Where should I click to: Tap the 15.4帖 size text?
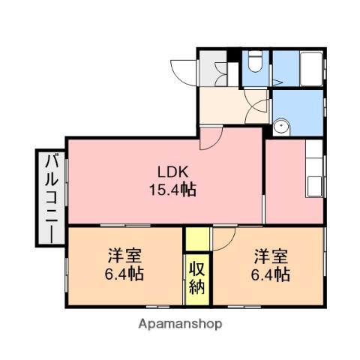click(170, 189)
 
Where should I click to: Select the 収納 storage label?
click(197, 277)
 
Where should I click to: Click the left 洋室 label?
click(124, 256)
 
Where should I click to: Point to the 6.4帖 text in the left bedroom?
click(124, 274)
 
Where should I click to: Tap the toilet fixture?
click(255, 62)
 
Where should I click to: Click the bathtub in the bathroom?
click(310, 71)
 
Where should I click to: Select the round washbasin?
click(282, 126)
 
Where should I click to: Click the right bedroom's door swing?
click(223, 239)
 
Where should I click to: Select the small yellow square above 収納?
click(197, 239)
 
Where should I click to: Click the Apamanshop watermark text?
click(179, 324)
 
